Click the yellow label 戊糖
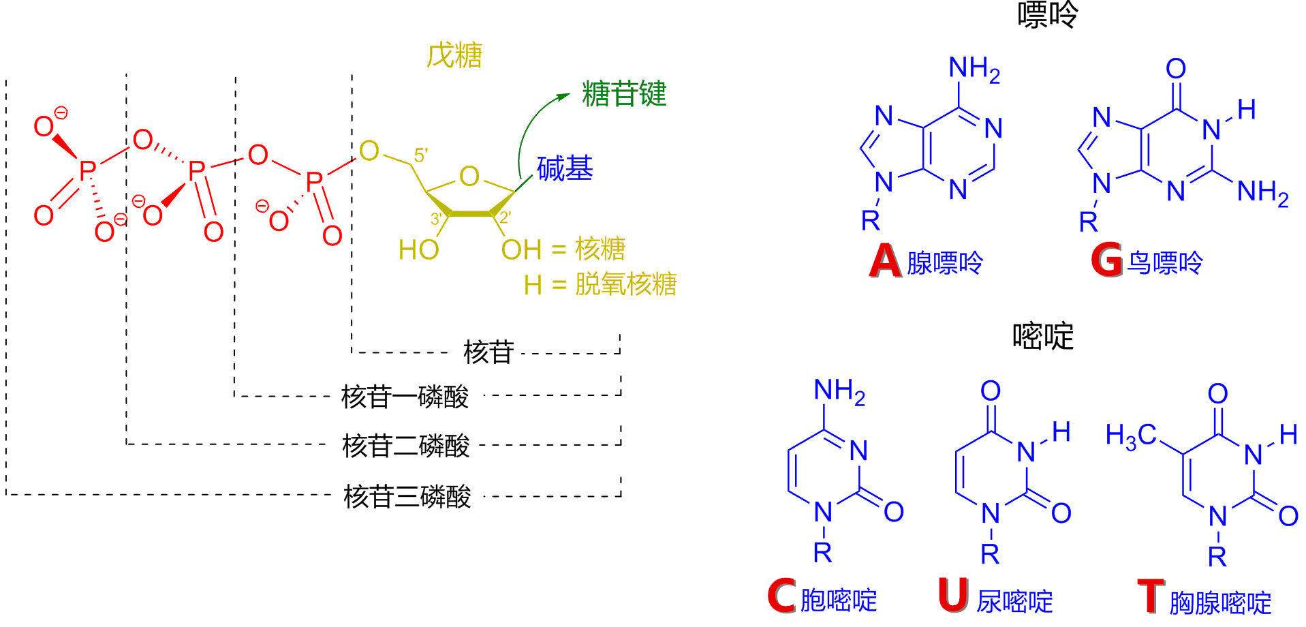coord(454,56)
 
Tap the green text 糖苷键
coord(624,94)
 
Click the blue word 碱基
coord(565,168)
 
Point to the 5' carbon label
coord(421,155)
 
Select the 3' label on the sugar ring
coord(437,219)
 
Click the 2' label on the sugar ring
coord(505,219)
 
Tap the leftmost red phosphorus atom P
coord(85,171)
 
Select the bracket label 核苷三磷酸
coord(407,496)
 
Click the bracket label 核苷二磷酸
coord(406,446)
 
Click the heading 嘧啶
coord(1042,335)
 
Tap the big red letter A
coord(885,262)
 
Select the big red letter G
coord(1106,262)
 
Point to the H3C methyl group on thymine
coord(1132,435)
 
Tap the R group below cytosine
coord(823,553)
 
